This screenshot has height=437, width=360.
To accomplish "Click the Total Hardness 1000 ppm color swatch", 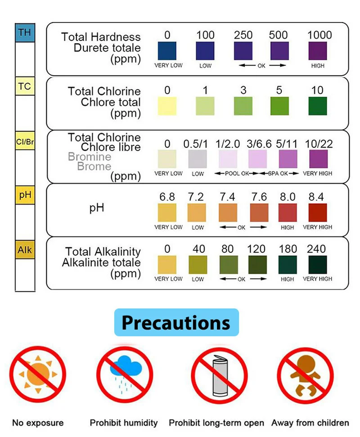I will click(318, 51).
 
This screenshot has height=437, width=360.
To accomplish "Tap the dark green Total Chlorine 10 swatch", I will click(318, 106).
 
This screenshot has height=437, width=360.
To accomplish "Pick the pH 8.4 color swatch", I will click(318, 213).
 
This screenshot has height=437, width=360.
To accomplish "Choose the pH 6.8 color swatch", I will click(167, 213).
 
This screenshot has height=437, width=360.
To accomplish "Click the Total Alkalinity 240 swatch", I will click(318, 265).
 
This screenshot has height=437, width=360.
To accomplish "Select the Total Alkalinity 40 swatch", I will click(198, 265).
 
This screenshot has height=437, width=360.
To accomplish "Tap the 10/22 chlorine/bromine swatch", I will click(318, 159).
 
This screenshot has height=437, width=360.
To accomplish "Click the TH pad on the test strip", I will click(25, 33).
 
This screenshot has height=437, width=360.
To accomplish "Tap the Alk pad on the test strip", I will click(25, 250).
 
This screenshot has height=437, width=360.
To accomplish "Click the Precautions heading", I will click(176, 322).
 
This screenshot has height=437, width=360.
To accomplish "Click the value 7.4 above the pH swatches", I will click(227, 197).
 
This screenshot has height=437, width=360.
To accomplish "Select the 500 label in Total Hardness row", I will click(278, 35).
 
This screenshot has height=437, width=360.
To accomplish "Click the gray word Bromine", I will click(89, 157).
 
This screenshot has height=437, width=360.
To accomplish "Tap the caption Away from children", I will click(310, 423).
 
